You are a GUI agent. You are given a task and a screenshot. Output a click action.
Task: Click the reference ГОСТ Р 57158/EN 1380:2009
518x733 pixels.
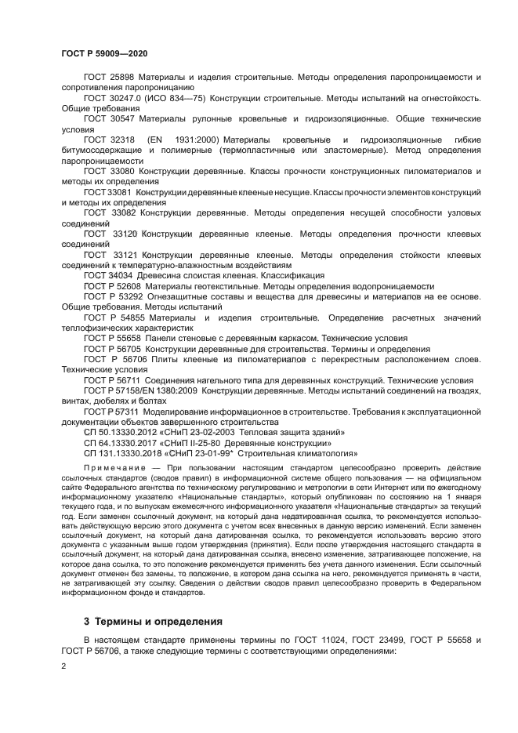[142, 390]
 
